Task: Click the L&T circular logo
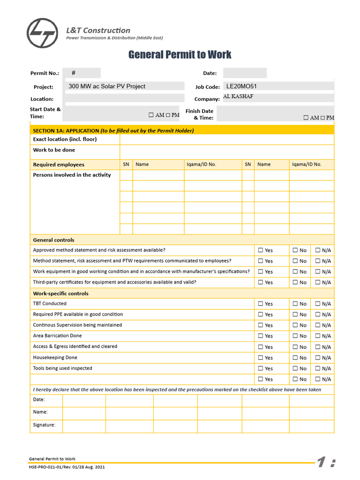[x=43, y=33]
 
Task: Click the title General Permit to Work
[x=180, y=55]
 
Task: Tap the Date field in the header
[x=245, y=73]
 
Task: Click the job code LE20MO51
[x=241, y=86]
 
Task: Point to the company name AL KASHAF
[x=239, y=97]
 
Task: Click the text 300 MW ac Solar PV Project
[x=107, y=86]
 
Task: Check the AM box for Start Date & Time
[x=151, y=115]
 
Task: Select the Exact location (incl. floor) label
[x=65, y=139]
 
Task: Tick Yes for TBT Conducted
[x=261, y=304]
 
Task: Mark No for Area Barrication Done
[x=295, y=336]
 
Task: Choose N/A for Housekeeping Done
[x=318, y=358]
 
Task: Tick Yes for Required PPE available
[x=261, y=315]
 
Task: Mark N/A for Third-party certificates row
[x=318, y=282]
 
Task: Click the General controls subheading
[x=53, y=240]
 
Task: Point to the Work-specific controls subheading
[x=60, y=293]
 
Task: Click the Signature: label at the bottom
[x=44, y=425]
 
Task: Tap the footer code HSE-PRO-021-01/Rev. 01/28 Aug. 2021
[x=70, y=467]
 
